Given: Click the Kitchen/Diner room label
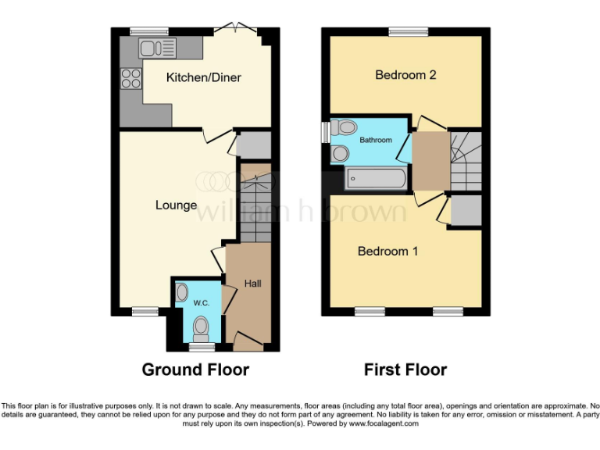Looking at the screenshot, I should coord(203,77).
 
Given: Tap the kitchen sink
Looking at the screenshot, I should coord(157,48).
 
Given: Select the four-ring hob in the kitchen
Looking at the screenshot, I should coord(130,78).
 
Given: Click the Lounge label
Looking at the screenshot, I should coord(176,205).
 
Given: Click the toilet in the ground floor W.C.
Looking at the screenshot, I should coord(202,326).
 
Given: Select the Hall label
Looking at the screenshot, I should coord(252,283).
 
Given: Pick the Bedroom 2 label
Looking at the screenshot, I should coord(405,75).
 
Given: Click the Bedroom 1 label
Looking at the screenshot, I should coord(388,251).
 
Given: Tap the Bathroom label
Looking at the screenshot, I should coord(376,140).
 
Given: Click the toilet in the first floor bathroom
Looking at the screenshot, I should coord(345,127).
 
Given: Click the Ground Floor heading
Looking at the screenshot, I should coord(195,370).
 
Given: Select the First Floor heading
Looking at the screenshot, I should coord(405,370).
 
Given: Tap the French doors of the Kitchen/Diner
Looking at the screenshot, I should coord(235,30).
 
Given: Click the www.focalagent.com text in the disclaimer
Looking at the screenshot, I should coord(384,423).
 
